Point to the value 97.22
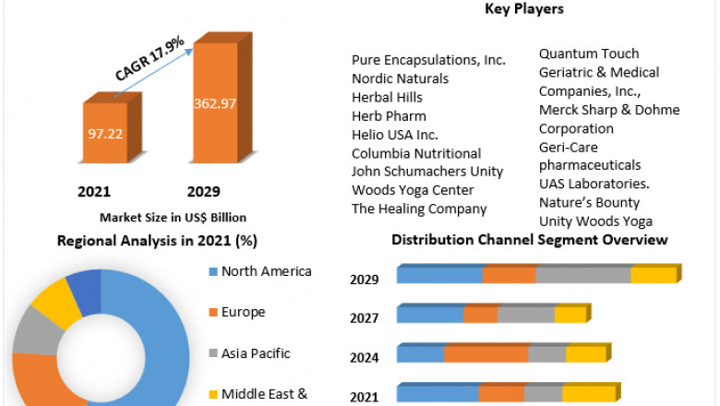click(103, 135)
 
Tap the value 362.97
click(214, 103)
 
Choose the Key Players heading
click(524, 9)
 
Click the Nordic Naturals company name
click(400, 78)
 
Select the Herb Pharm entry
click(389, 115)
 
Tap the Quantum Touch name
click(589, 54)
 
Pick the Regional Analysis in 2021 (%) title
click(157, 241)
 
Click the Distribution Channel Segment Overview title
click(529, 240)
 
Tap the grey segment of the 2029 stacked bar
click(583, 275)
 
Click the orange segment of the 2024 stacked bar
click(486, 354)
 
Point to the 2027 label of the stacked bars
click(364, 319)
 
